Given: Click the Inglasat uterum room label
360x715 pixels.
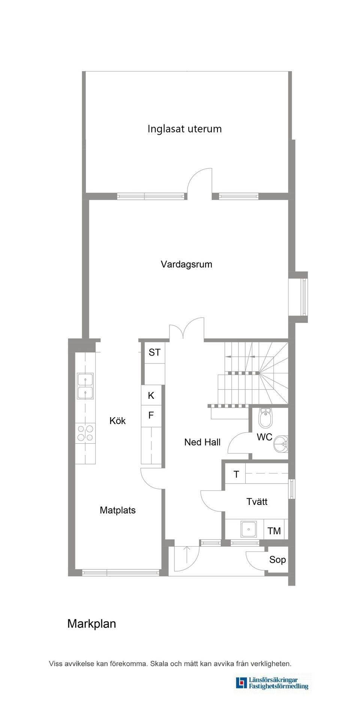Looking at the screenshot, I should (184, 129).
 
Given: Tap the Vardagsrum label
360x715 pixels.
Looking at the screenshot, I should (186, 264).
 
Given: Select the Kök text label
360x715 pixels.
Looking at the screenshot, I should (117, 421).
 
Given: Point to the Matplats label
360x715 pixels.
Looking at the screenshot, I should (117, 510).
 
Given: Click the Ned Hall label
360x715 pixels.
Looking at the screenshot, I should (202, 442).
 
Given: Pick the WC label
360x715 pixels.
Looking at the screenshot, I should (264, 437).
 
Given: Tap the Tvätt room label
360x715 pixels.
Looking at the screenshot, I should (257, 502).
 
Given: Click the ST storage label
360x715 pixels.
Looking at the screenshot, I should (154, 352).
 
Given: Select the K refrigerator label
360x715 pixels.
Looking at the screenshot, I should (151, 395).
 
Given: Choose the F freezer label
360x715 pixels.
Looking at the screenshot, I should (151, 415).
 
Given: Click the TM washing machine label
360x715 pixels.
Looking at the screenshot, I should (274, 531).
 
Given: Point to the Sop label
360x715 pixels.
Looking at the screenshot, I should (277, 560).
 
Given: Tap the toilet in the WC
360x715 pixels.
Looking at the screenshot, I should (265, 418).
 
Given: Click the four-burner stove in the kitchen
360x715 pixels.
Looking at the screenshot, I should (85, 433).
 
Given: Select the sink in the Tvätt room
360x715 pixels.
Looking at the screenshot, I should (248, 529).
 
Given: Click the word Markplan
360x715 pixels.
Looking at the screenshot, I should (91, 624).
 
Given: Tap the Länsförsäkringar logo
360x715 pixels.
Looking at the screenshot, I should (272, 683).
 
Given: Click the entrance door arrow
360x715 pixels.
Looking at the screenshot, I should (187, 554).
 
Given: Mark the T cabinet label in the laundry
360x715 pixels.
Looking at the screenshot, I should (236, 475).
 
